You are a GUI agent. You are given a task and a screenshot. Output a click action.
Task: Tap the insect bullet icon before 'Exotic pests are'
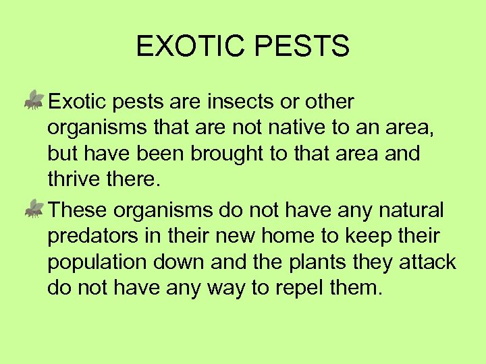click(x=34, y=101)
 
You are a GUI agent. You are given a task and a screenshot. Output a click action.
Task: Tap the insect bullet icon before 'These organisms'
click(x=34, y=210)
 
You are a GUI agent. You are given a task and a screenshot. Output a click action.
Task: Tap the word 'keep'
click(x=374, y=237)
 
